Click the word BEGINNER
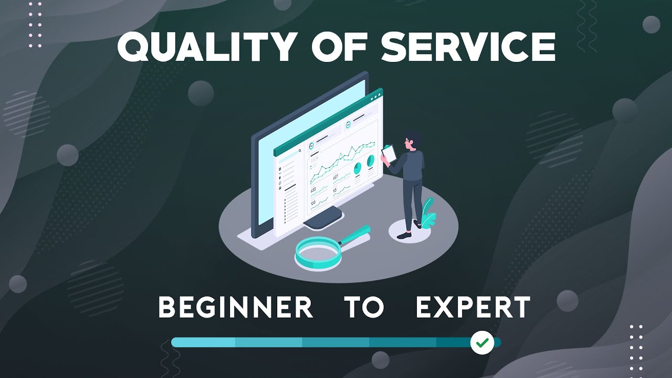point(236,308)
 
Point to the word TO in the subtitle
point(364,308)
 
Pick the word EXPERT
point(472,308)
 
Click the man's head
point(413,141)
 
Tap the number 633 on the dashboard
point(313,190)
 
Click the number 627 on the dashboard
point(336,177)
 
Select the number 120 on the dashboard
point(313,203)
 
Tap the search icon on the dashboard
point(300,151)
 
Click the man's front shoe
point(403,236)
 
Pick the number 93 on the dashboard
point(335,190)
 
